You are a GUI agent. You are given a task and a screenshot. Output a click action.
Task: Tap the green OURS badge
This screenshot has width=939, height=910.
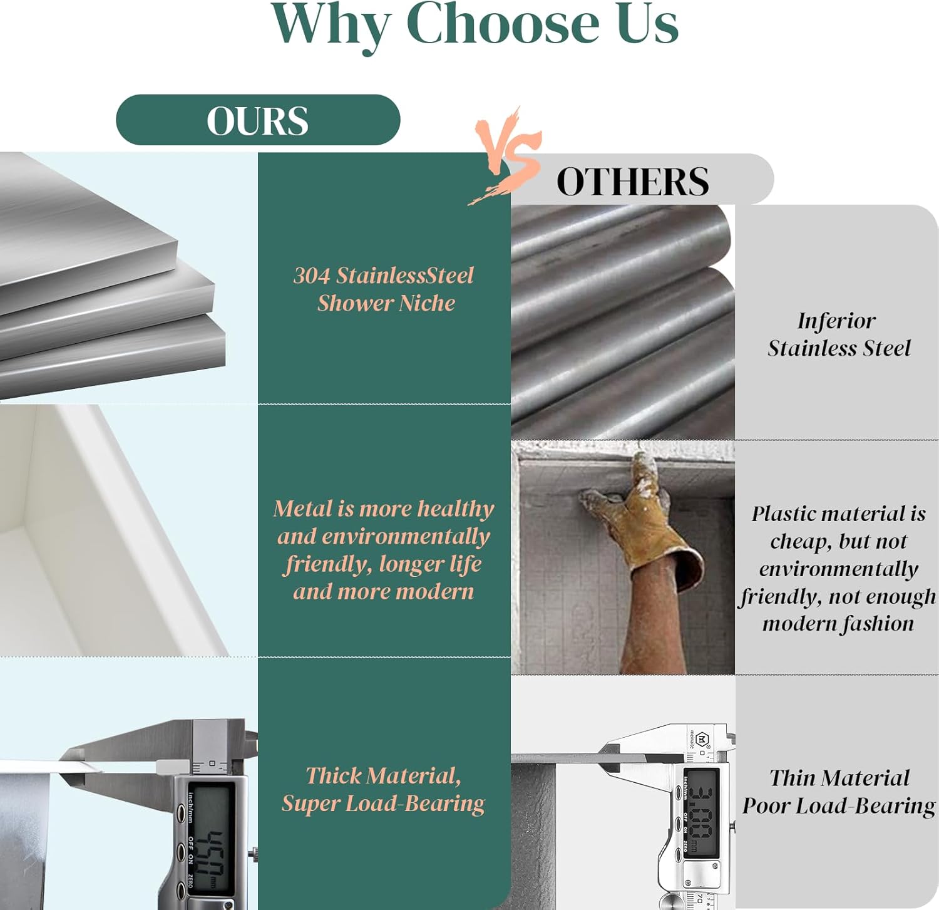click(258, 120)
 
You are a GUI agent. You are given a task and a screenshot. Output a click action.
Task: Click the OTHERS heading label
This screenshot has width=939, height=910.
click(633, 182)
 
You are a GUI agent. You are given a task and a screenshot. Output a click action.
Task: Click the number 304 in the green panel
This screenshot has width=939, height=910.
click(312, 276)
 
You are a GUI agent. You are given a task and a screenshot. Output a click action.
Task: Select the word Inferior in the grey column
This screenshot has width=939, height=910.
click(836, 321)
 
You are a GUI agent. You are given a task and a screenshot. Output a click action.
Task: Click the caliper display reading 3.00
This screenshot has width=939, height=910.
click(701, 812)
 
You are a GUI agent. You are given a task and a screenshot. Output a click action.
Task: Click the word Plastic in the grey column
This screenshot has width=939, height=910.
click(786, 514)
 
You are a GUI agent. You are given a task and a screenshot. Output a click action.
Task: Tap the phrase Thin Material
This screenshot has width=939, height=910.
click(839, 778)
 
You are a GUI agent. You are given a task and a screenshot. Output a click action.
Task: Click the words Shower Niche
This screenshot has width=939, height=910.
click(386, 303)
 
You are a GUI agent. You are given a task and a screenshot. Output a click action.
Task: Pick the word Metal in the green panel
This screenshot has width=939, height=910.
click(303, 509)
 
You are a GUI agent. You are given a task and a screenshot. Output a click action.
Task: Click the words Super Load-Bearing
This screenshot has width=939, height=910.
click(383, 804)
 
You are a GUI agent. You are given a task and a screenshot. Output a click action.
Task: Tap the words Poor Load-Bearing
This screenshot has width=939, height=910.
click(839, 805)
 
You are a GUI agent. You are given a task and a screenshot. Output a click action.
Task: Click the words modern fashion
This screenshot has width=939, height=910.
click(838, 624)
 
